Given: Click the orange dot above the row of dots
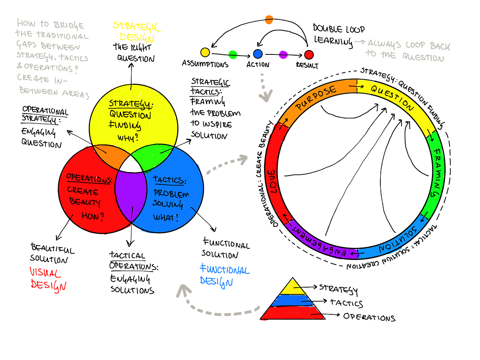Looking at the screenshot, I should pyautogui.click(x=269, y=20).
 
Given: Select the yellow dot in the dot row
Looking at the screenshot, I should pyautogui.click(x=205, y=52).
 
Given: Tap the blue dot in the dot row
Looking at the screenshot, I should pyautogui.click(x=258, y=54).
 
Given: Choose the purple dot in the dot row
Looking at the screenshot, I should pyautogui.click(x=283, y=54).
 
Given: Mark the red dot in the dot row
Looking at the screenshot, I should pyautogui.click(x=308, y=55).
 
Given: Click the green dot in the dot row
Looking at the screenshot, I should pyautogui.click(x=232, y=54).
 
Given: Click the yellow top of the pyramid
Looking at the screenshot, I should pyautogui.click(x=292, y=287).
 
